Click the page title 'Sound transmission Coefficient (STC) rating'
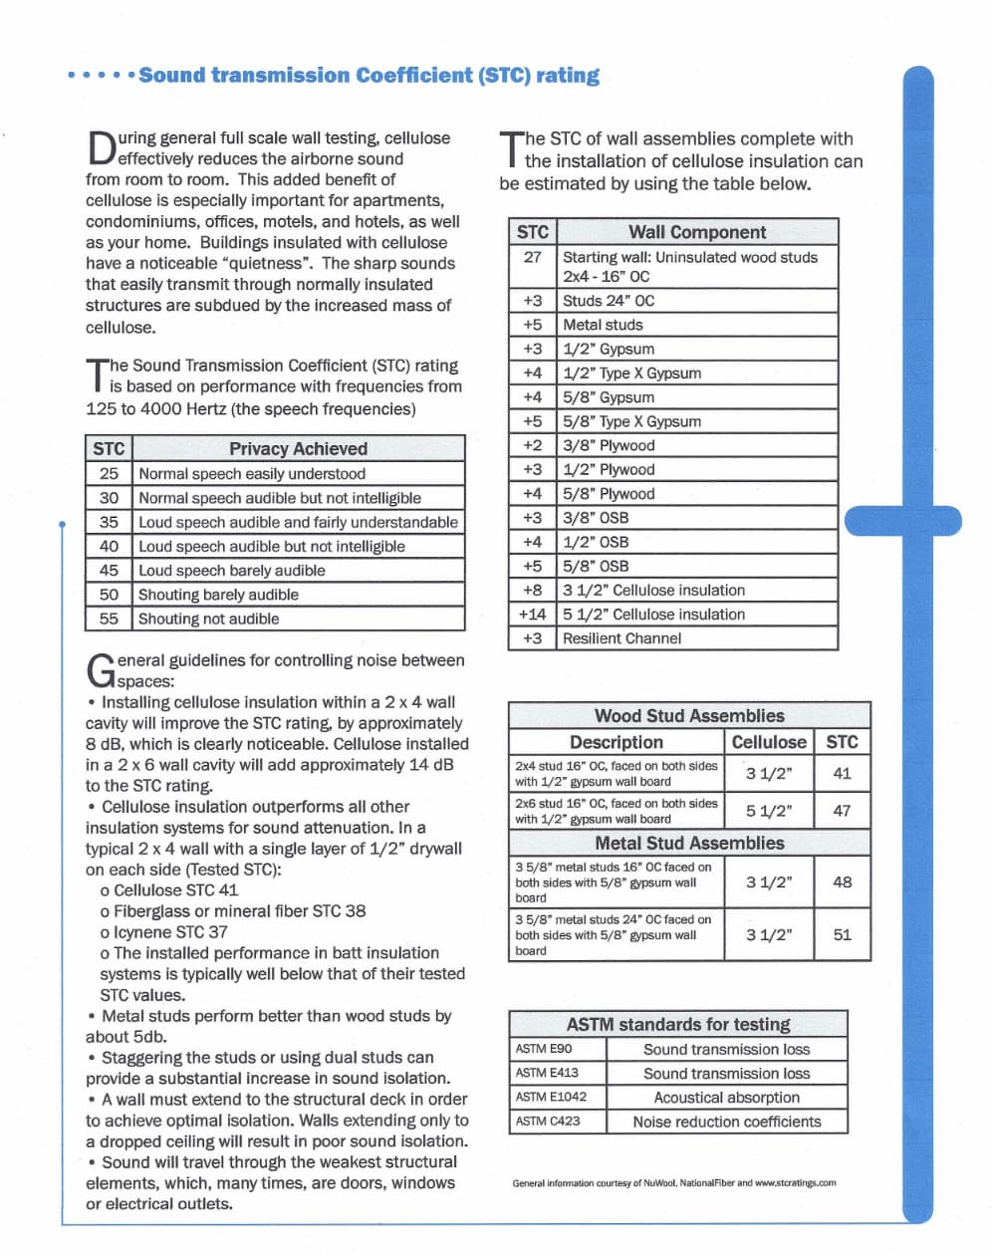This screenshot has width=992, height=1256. point(369,76)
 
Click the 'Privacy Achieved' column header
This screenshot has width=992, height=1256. point(298,449)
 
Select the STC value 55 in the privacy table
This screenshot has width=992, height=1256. point(109,619)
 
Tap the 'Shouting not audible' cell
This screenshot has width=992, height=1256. point(208,619)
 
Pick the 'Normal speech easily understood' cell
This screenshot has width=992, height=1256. point(252,474)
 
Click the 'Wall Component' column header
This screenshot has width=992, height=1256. point(697,232)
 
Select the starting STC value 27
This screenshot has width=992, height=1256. point(532,257)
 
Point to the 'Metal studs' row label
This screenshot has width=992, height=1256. point(603,325)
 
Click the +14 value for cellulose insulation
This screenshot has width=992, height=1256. point(532,615)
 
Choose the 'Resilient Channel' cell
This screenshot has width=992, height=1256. point(621,638)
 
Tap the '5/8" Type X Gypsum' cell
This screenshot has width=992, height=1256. point(631,421)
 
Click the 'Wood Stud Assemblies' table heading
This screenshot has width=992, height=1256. point(689,716)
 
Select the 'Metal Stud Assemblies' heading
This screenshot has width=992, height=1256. point(689,843)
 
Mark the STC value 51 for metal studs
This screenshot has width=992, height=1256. point(842,934)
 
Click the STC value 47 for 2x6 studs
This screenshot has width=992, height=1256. point(842,811)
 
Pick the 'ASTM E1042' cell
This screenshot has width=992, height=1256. point(551,1097)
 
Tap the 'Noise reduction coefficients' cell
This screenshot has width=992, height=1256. point(727,1122)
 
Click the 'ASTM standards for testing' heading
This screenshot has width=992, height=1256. point(678,1024)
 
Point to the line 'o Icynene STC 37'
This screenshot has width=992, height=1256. point(163,932)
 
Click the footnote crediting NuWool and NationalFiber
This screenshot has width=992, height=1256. point(674,1183)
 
